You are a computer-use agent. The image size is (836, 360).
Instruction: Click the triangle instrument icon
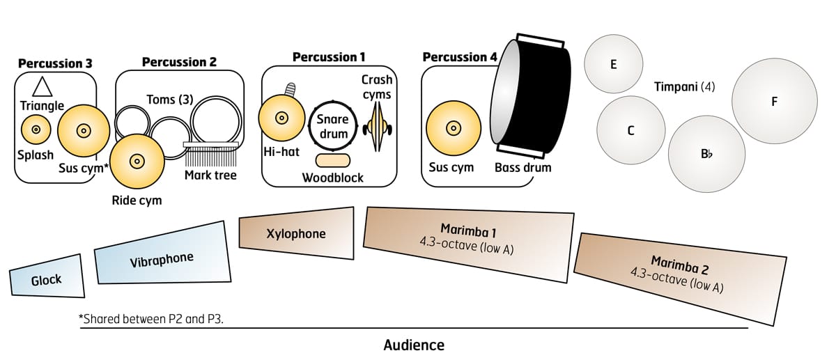pyautogui.click(x=42, y=86)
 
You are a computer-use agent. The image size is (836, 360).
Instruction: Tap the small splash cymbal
pyautogui.click(x=36, y=130)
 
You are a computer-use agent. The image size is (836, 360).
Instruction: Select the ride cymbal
pyautogui.click(x=137, y=162)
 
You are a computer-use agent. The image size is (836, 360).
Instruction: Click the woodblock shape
pyautogui.click(x=333, y=160)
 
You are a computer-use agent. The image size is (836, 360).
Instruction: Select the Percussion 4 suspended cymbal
pyautogui.click(x=453, y=129)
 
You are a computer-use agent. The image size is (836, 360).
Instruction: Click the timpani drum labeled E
pyautogui.click(x=614, y=65)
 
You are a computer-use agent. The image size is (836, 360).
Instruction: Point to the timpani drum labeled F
pyautogui.click(x=773, y=102)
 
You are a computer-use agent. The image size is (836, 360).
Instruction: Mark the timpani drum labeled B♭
pyautogui.click(x=706, y=155)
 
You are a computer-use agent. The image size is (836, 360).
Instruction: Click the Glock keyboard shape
pyautogui.click(x=47, y=279)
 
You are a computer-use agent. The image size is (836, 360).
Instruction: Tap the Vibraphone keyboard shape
pyautogui.click(x=162, y=257)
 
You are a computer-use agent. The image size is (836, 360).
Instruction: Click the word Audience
pyautogui.click(x=414, y=345)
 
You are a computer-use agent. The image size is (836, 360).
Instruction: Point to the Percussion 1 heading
pyautogui.click(x=329, y=56)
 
